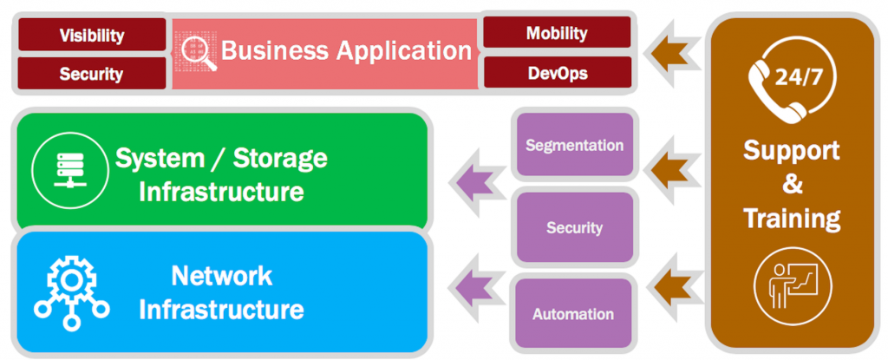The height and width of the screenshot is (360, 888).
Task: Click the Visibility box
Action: pyautogui.click(x=91, y=36)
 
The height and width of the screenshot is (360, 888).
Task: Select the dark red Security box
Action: pyautogui.click(x=91, y=74)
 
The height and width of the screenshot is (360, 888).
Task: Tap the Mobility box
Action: pyautogui.click(x=557, y=33)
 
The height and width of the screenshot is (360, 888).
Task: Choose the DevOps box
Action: pyautogui.click(x=557, y=73)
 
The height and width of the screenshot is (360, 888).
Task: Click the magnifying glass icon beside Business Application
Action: pyautogui.click(x=197, y=51)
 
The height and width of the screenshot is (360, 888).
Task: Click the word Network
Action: pyautogui.click(x=221, y=276)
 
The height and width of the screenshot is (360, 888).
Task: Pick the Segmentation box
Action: pyautogui.click(x=574, y=145)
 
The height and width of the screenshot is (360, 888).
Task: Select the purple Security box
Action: pyautogui.click(x=574, y=228)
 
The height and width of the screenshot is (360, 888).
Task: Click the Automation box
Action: pyautogui.click(x=573, y=314)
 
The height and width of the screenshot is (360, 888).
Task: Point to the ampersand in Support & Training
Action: pyautogui.click(x=792, y=184)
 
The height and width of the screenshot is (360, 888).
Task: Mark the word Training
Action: pyautogui.click(x=792, y=218)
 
